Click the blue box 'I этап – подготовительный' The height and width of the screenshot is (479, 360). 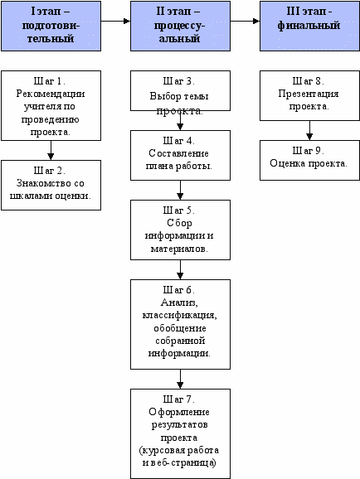pyautogui.click(x=51, y=26)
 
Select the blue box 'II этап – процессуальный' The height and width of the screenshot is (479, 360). pyautogui.click(x=181, y=26)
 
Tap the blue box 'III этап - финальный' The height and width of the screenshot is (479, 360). pyautogui.click(x=310, y=26)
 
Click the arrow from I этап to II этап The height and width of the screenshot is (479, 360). pyautogui.click(x=115, y=21)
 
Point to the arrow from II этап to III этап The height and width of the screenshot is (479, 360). pyautogui.click(x=245, y=21)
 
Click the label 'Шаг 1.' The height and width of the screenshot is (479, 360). pyautogui.click(x=50, y=81)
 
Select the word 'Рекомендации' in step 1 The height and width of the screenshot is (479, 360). pyautogui.click(x=51, y=94)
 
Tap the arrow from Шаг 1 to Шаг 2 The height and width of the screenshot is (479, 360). pyautogui.click(x=51, y=150)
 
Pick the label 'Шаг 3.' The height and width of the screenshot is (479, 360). pyautogui.click(x=179, y=81)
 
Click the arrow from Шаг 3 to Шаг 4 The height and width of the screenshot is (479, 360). pyautogui.click(x=180, y=121)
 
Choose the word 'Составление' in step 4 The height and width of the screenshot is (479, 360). pyautogui.click(x=179, y=153)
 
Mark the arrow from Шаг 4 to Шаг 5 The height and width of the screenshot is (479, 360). pyautogui.click(x=180, y=190)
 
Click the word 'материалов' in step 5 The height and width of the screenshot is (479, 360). pyautogui.click(x=178, y=249)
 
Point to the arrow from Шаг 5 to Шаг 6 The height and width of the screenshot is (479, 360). pyautogui.click(x=180, y=269)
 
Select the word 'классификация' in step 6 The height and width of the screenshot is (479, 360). pyautogui.click(x=179, y=315)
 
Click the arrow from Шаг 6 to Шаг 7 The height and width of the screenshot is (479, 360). pyautogui.click(x=180, y=379)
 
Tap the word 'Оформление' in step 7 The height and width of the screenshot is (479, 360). pyautogui.click(x=179, y=412)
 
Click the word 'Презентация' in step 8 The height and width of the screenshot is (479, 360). pyautogui.click(x=309, y=94)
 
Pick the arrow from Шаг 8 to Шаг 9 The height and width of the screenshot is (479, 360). pyautogui.click(x=309, y=130)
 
